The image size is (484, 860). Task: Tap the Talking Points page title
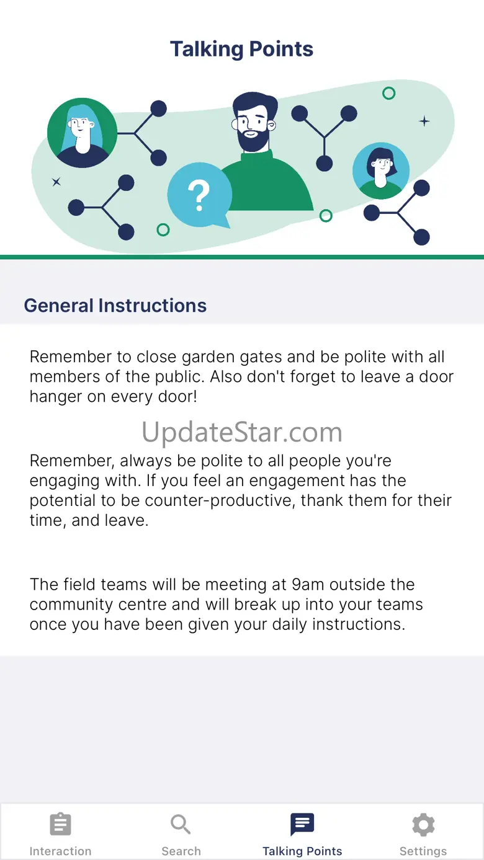click(241, 49)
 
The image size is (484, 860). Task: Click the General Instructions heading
click(115, 306)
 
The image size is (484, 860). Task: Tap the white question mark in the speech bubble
click(199, 196)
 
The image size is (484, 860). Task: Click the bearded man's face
click(252, 125)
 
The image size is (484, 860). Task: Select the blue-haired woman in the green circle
click(82, 133)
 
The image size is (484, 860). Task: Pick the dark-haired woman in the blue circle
click(381, 171)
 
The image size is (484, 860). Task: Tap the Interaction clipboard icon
click(60, 824)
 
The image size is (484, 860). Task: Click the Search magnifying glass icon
click(181, 824)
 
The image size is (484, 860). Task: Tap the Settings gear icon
click(423, 824)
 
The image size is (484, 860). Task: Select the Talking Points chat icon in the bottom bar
click(302, 824)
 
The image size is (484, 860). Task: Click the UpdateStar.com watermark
click(242, 432)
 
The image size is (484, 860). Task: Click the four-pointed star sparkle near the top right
click(424, 122)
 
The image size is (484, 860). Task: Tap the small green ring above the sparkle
click(388, 93)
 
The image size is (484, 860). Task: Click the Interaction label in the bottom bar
click(61, 851)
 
